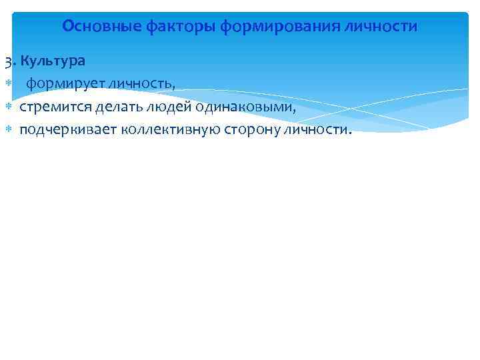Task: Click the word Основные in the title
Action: [x=93, y=27]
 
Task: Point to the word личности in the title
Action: [x=387, y=27]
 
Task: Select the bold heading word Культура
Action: [x=53, y=61]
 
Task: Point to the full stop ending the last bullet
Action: [x=348, y=133]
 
